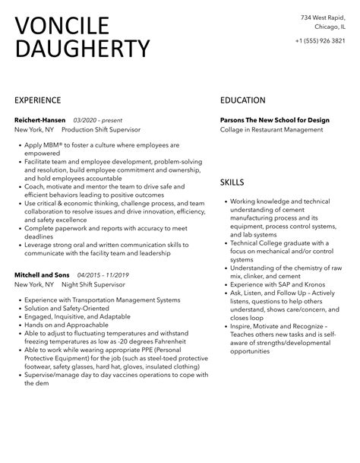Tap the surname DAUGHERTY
82,49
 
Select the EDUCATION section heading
243,100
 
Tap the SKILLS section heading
232,183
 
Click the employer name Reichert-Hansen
40,120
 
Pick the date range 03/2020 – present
97,120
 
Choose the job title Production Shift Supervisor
101,130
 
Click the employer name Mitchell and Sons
42,274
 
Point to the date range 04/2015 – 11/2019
103,274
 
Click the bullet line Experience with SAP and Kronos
273,284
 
